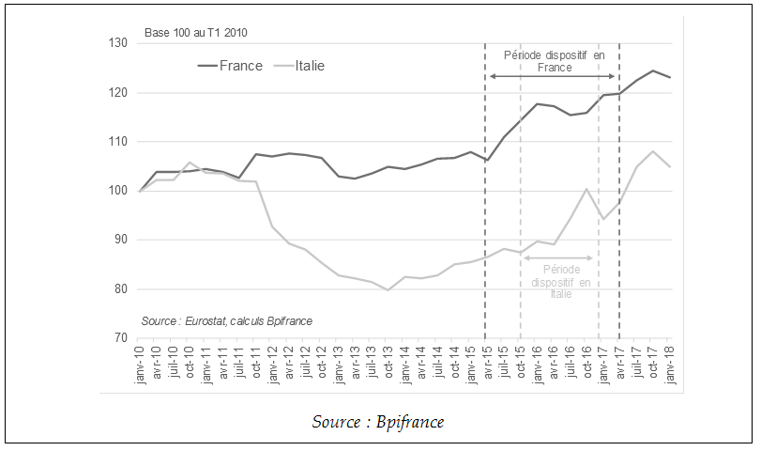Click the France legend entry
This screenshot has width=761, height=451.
[x=235, y=66]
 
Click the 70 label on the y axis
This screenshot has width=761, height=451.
[x=121, y=337]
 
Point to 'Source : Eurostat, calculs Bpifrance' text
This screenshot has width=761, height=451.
[x=226, y=321]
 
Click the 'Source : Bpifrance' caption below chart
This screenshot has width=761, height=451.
[x=378, y=422]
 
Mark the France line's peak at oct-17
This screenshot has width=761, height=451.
[x=652, y=70]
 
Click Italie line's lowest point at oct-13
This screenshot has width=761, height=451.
[x=388, y=289]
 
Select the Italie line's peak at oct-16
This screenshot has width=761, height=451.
[x=586, y=189]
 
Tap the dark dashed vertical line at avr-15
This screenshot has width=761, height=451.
[x=485, y=235]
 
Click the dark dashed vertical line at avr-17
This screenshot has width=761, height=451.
[x=619, y=235]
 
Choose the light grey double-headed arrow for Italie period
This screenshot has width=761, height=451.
[x=559, y=257]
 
